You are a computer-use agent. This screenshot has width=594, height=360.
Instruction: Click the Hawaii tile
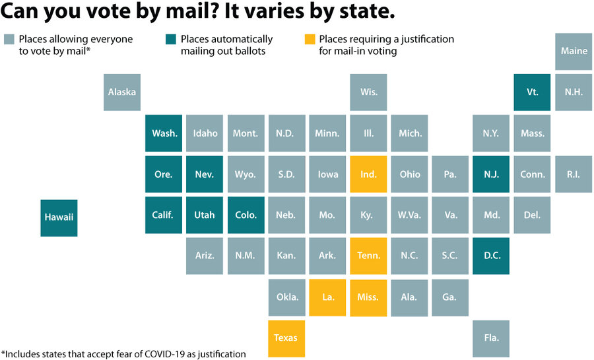point(59,217)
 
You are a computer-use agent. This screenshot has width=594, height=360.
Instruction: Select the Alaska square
point(122,92)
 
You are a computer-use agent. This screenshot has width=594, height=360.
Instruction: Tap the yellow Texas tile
point(286,338)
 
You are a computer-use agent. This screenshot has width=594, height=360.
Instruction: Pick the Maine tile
point(574,51)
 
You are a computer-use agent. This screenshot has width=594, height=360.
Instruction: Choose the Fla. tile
point(491,338)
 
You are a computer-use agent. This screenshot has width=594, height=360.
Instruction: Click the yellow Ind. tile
point(368,174)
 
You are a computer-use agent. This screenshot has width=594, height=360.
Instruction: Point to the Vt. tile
point(532,92)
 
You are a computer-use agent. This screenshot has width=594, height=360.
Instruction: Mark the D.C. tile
point(491,256)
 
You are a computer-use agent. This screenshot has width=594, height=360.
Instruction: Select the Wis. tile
point(368,92)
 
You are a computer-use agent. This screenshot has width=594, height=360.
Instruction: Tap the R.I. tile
point(574,174)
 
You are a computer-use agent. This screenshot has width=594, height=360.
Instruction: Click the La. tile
point(327,297)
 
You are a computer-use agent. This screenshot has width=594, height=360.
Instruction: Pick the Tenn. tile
point(368,256)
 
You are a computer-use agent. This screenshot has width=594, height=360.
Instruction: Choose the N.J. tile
point(491,174)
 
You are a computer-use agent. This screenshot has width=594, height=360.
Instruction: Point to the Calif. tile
point(164,215)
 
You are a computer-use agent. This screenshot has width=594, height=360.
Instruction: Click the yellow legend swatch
point(310,39)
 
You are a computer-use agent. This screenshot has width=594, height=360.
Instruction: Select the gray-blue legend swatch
point(9,39)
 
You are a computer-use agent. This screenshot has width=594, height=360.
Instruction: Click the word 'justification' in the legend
point(429,39)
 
